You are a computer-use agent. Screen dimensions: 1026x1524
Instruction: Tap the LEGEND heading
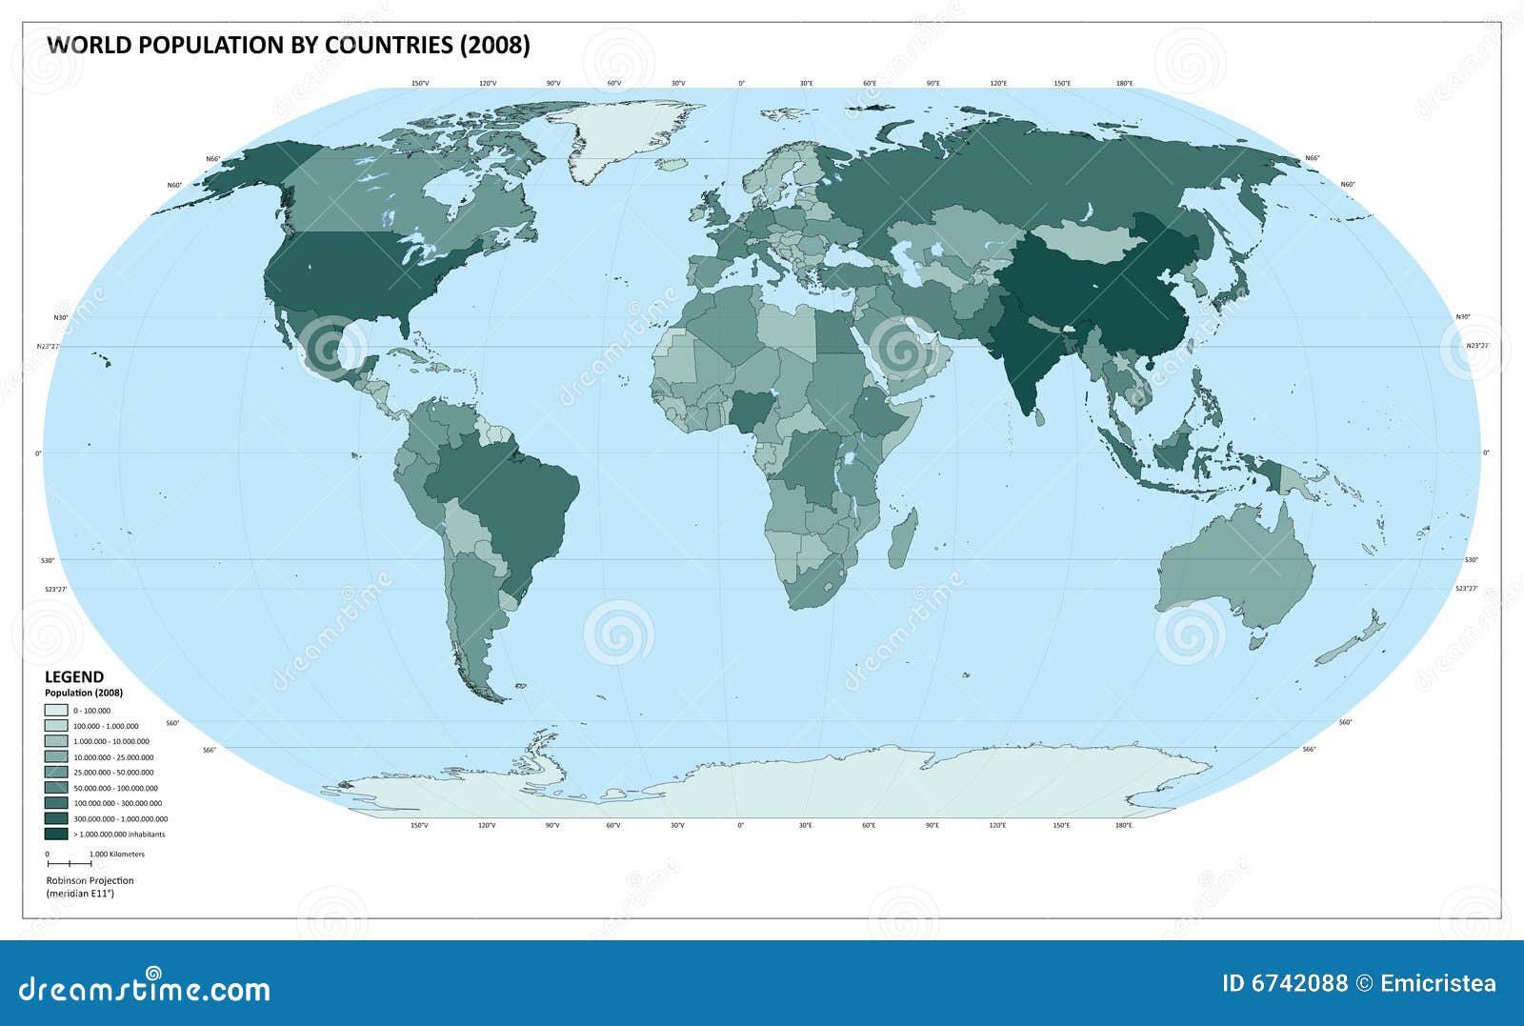pyautogui.click(x=74, y=677)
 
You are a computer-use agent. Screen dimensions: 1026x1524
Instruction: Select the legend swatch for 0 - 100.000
pyautogui.click(x=56, y=711)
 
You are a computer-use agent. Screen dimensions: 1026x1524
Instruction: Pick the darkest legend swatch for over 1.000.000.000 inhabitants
pyautogui.click(x=56, y=834)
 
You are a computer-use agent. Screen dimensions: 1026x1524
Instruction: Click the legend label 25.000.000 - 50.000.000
pyautogui.click(x=113, y=773)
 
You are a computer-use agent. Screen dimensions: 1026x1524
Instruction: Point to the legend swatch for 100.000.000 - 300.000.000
pyautogui.click(x=56, y=803)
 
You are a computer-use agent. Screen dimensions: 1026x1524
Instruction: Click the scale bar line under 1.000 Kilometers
pyautogui.click(x=69, y=863)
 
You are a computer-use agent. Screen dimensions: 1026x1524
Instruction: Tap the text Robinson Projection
pyautogui.click(x=90, y=881)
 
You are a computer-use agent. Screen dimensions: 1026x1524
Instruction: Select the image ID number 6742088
pyautogui.click(x=1301, y=984)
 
